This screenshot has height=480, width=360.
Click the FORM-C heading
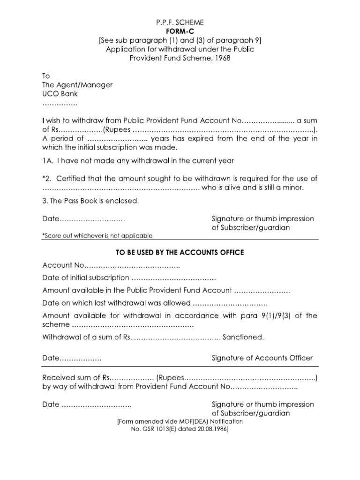(x=180, y=31)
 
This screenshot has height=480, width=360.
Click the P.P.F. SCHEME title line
(x=180, y=22)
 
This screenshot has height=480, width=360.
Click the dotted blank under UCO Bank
(x=60, y=103)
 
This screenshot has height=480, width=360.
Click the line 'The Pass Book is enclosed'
(x=91, y=201)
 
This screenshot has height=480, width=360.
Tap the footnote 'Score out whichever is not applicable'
(x=97, y=236)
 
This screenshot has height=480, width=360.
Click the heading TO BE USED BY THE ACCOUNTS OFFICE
(x=180, y=252)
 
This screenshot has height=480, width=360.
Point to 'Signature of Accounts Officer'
(x=262, y=358)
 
